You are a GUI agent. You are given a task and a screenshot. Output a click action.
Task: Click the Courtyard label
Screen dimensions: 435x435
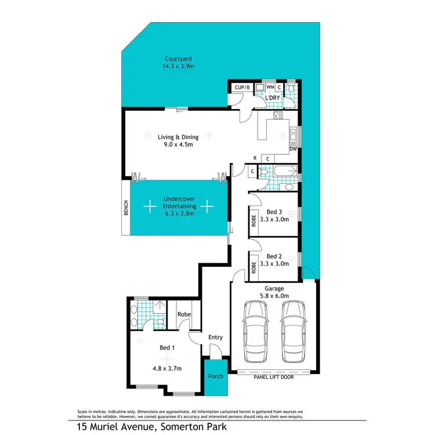[x=178, y=59]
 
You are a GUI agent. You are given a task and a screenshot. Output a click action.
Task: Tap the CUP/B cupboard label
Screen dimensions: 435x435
[x=241, y=88]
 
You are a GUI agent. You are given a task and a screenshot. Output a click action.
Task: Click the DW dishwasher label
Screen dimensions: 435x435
[x=293, y=149]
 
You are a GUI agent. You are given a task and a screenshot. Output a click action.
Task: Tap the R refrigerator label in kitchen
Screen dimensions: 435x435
[x=255, y=158]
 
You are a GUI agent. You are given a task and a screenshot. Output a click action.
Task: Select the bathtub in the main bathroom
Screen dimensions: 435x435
[x=284, y=172]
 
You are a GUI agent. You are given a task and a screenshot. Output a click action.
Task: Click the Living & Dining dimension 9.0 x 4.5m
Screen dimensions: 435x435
[x=178, y=144]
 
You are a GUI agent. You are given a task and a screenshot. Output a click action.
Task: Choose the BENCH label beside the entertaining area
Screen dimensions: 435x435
[x=125, y=208]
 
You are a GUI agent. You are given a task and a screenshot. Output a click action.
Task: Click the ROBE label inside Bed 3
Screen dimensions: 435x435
[x=253, y=221]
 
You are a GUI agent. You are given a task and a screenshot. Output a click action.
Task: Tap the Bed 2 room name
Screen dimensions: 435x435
[x=274, y=256]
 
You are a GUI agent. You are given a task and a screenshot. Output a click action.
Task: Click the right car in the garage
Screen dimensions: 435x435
[x=294, y=331]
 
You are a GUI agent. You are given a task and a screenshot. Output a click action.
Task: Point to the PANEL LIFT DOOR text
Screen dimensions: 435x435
[x=274, y=376]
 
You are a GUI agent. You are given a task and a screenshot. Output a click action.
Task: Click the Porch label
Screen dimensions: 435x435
[x=216, y=376]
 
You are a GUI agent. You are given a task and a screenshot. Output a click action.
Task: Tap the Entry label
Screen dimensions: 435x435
[x=215, y=337]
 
